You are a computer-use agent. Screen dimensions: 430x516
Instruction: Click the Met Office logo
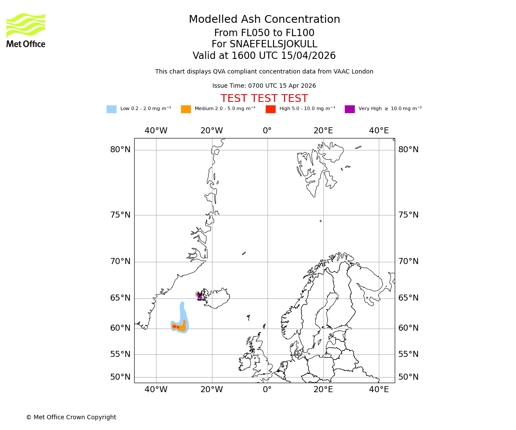(x=26, y=30)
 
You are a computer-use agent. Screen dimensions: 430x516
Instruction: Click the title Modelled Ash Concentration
(x=264, y=20)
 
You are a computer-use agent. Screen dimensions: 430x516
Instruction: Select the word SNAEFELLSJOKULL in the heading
(x=273, y=44)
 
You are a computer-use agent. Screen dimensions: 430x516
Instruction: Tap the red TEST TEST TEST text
(x=264, y=98)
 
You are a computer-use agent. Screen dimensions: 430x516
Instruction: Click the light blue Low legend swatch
(x=111, y=109)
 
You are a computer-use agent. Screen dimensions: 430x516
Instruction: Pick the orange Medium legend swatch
(x=186, y=109)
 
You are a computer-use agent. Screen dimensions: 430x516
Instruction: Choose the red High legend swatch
(x=270, y=109)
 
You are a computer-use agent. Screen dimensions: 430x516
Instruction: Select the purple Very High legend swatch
(x=350, y=109)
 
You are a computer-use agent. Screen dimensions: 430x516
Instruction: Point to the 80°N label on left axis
(x=120, y=150)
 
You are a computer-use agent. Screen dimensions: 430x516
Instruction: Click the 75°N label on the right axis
(x=408, y=215)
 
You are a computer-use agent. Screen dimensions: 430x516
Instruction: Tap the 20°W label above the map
(x=212, y=131)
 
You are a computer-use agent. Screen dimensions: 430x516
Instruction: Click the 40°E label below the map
(x=379, y=390)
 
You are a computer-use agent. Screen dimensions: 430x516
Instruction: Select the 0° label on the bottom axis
(x=267, y=390)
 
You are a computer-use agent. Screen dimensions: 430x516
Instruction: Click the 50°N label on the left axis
(x=120, y=377)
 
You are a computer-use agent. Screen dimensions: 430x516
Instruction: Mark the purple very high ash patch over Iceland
(x=200, y=296)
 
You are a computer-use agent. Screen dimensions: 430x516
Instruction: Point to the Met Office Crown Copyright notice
(x=71, y=417)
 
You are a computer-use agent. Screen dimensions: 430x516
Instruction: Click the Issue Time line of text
(x=264, y=86)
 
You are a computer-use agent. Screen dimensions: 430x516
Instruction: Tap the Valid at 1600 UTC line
(x=264, y=56)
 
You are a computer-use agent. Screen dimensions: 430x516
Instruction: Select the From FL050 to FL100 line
(x=264, y=33)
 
